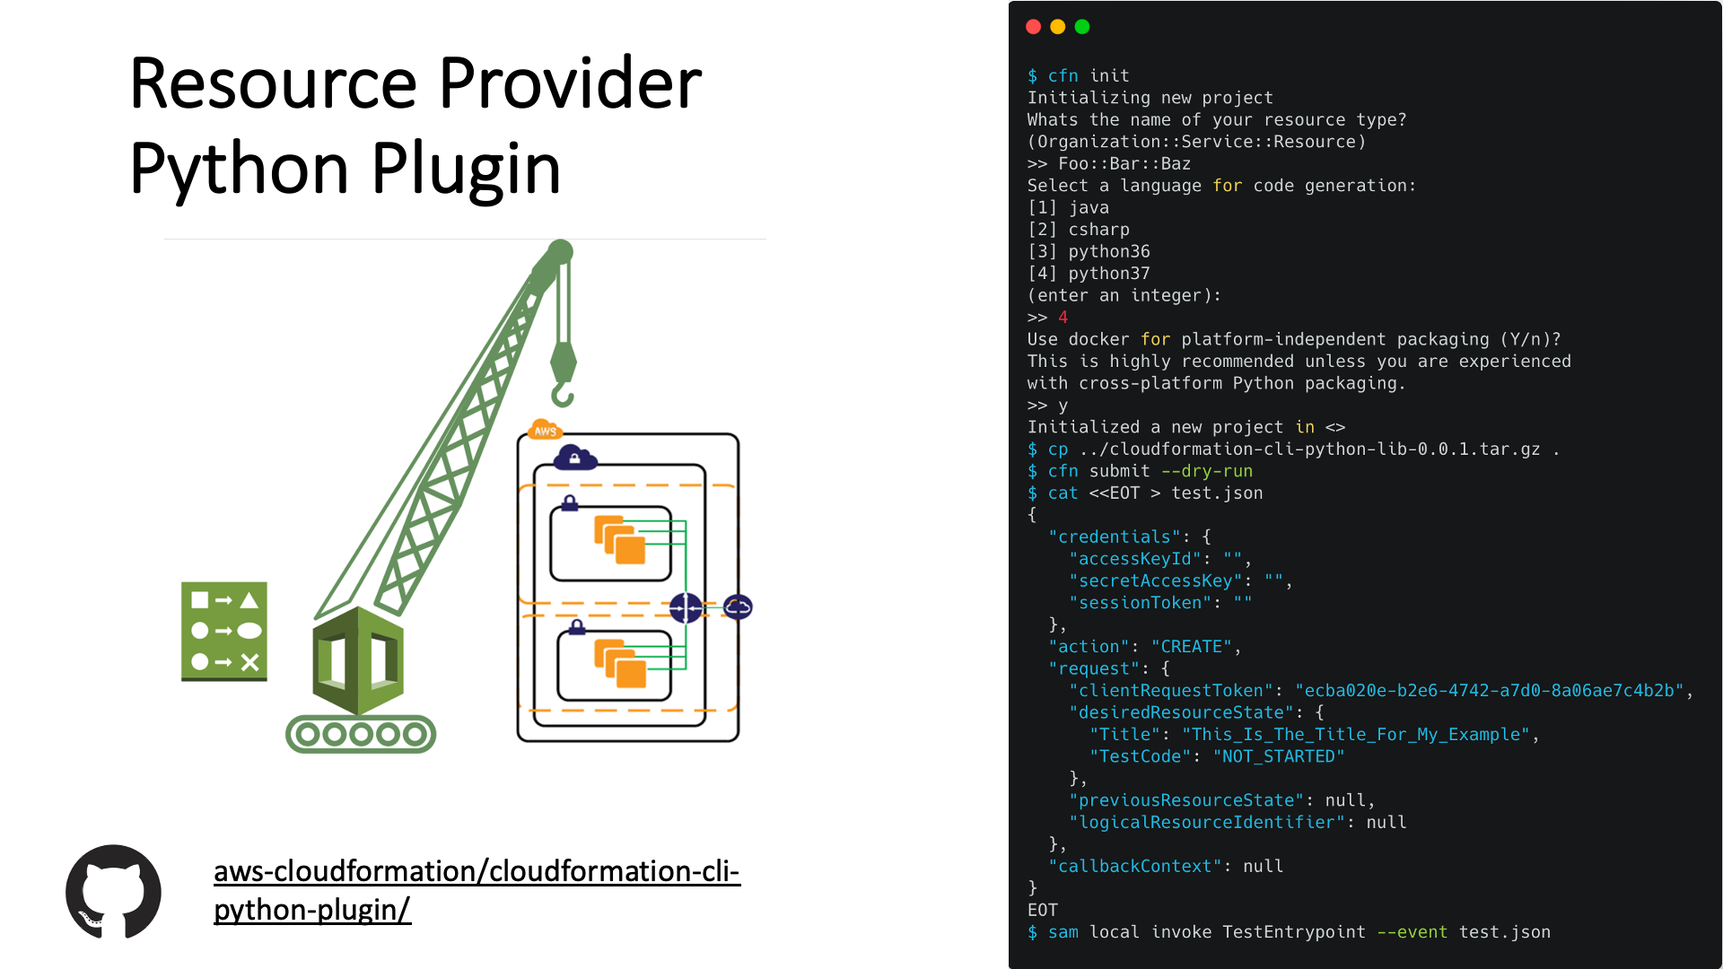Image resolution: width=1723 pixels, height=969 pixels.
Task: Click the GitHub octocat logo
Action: pos(113,892)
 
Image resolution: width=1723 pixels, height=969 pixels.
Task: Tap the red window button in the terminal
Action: pos(1033,27)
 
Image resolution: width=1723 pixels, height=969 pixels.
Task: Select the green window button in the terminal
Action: pos(1082,27)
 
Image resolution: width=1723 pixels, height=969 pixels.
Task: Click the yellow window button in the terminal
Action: pos(1058,27)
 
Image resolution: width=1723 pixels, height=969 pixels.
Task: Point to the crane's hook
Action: pos(563,393)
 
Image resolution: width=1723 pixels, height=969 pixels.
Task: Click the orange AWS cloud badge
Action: pos(545,431)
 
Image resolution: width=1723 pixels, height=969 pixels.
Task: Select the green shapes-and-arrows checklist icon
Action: pos(224,631)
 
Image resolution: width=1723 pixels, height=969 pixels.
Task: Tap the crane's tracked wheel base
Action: pos(361,735)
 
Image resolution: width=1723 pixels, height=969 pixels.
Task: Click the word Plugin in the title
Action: pos(466,168)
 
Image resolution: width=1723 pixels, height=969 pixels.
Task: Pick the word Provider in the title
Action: pos(570,83)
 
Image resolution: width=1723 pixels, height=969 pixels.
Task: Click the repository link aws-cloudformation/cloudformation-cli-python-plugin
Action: pos(476,889)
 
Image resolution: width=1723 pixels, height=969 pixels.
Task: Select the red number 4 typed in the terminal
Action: pos(1063,318)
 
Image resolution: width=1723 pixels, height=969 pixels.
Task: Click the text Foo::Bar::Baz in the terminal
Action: pos(1124,164)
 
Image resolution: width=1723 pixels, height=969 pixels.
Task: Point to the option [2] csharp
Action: pos(1079,230)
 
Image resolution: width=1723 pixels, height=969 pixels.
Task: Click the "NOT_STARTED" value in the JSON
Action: pos(1279,756)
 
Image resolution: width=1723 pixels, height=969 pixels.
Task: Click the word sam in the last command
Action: pos(1063,932)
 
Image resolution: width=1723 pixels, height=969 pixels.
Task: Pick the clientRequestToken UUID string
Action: pos(1489,691)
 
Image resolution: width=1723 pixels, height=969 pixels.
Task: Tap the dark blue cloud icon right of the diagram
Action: pos(738,607)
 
